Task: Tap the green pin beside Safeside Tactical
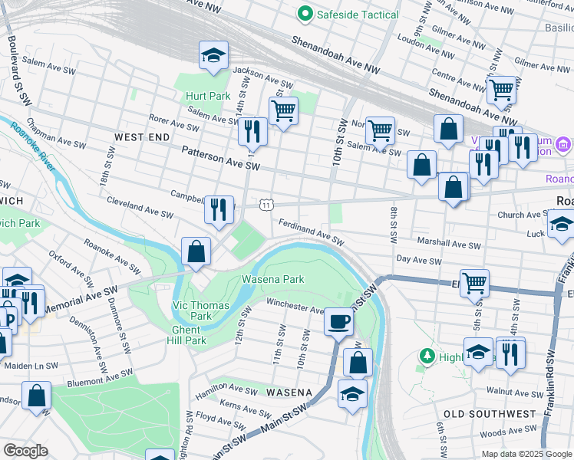coord(305,14)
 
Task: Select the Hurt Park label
coord(207,97)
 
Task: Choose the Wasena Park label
coord(269,278)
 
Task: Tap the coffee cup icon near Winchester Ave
coord(338,322)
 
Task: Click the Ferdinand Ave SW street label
coord(311,232)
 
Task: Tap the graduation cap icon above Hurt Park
coord(213,55)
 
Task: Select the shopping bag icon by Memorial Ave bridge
coord(196,251)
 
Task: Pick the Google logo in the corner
coord(25,451)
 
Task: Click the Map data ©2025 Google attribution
coord(525,454)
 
